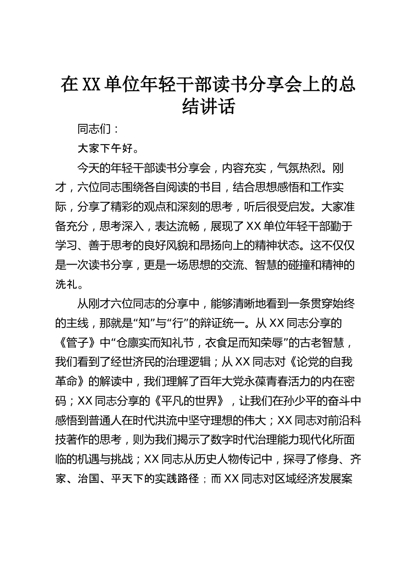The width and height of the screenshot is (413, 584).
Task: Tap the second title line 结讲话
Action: [x=208, y=106]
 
